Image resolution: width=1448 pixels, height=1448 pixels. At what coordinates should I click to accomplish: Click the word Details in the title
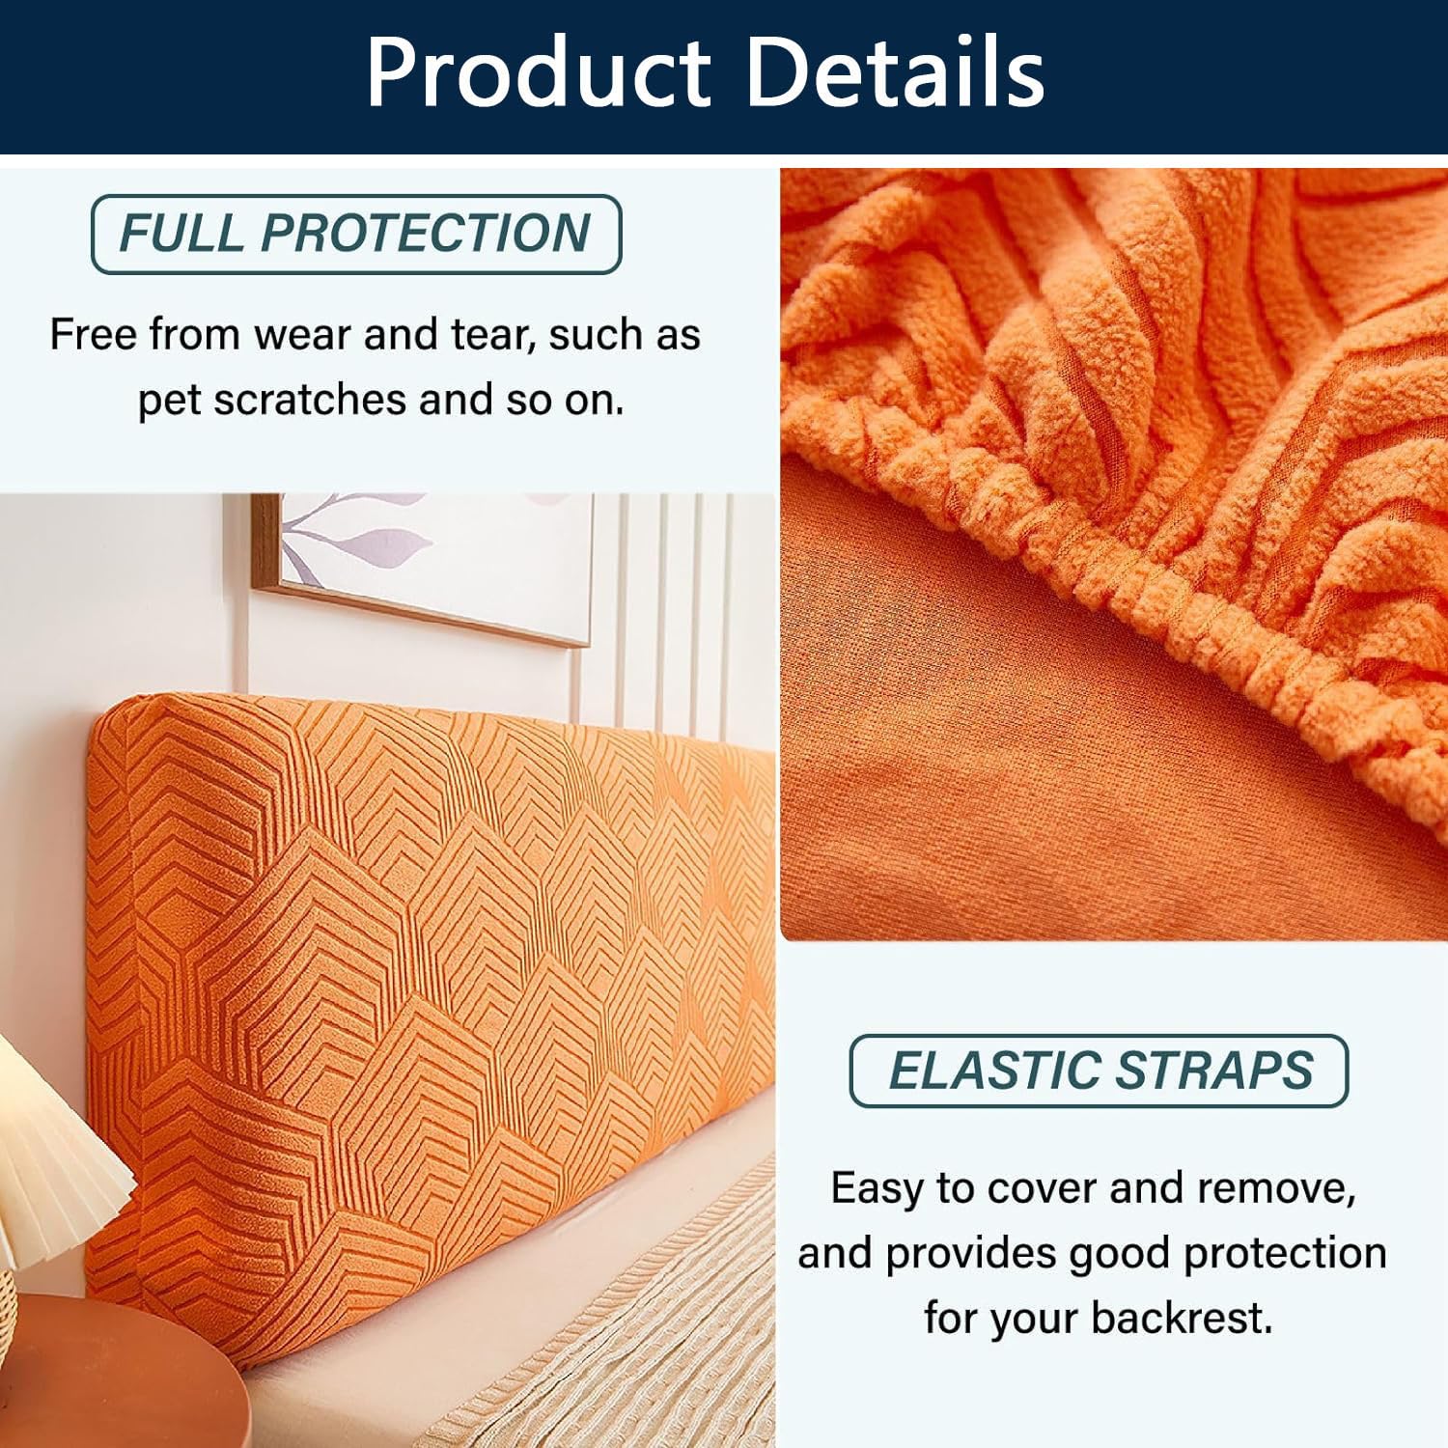(x=897, y=72)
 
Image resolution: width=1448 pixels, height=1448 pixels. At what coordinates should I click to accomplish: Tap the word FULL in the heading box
(x=181, y=233)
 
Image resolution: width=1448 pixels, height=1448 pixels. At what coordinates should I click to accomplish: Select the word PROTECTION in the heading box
(x=426, y=233)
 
